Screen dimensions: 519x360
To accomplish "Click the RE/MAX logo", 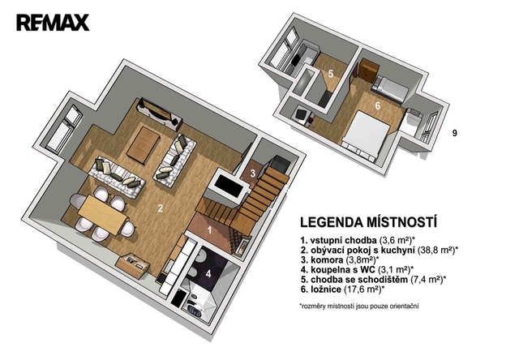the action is (x=53, y=23).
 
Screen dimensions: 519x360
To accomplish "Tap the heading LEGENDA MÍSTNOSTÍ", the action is (x=368, y=222).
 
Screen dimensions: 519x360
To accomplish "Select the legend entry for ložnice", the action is (x=343, y=289).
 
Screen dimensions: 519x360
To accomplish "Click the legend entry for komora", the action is (x=340, y=259).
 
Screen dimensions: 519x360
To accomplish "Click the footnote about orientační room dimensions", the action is (x=358, y=306).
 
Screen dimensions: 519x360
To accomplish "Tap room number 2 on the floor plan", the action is (x=161, y=208).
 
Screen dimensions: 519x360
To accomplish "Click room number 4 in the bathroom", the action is (x=208, y=273).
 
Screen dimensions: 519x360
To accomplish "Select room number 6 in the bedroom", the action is (x=378, y=106).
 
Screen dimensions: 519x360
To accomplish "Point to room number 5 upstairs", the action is (x=331, y=74).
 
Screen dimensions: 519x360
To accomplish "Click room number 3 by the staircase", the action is (x=253, y=173).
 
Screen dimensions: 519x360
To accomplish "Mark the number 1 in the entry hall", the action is (x=209, y=229).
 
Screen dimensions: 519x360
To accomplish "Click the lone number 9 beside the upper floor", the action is (x=455, y=133).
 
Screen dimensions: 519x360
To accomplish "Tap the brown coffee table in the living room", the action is (x=143, y=144).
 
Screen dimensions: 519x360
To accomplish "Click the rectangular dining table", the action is (x=103, y=214).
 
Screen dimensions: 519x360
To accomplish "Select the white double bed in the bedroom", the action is (x=367, y=135).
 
